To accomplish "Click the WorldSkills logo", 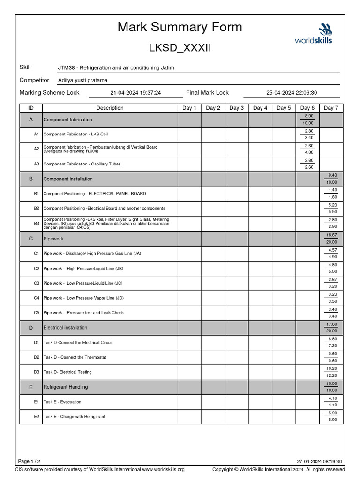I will click(x=313, y=34).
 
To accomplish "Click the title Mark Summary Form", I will click(x=180, y=27).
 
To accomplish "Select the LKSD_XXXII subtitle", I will click(x=180, y=48).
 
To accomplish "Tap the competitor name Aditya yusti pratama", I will click(x=82, y=80).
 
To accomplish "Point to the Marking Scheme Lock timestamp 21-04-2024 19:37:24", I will click(x=135, y=93).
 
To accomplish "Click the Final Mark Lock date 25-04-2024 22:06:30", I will click(x=292, y=93).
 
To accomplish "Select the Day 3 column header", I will click(x=236, y=108).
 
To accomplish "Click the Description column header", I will click(x=110, y=108).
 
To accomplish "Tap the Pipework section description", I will click(x=53, y=239).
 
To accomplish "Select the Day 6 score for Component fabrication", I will click(x=309, y=119).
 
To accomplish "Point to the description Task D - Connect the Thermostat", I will click(x=75, y=357).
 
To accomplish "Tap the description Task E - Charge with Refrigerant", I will click(x=75, y=416).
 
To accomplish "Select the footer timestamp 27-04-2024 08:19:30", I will click(x=319, y=461).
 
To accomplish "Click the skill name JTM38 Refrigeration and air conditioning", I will click(x=116, y=67).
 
